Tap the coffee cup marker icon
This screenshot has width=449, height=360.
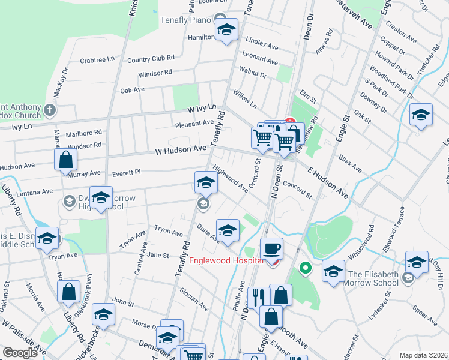(x=271, y=248)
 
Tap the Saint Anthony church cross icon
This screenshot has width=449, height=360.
(x=50, y=110)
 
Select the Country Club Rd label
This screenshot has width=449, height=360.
(x=151, y=59)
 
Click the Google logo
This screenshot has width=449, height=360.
(x=19, y=352)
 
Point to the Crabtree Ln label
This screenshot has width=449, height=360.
(x=97, y=60)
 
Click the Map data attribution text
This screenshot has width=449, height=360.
(x=423, y=355)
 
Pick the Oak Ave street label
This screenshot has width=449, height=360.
(x=133, y=90)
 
